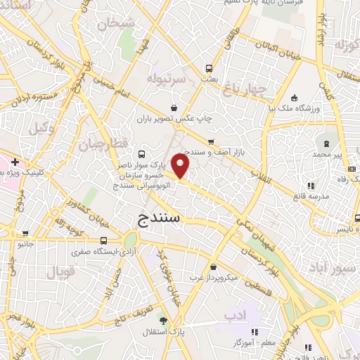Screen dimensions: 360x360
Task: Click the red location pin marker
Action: (181, 167)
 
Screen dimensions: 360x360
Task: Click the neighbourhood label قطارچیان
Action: (95, 146)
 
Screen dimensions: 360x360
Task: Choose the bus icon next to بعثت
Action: (209, 69)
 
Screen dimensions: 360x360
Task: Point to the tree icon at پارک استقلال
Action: (163, 320)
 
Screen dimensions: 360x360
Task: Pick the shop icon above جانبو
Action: (25, 233)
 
